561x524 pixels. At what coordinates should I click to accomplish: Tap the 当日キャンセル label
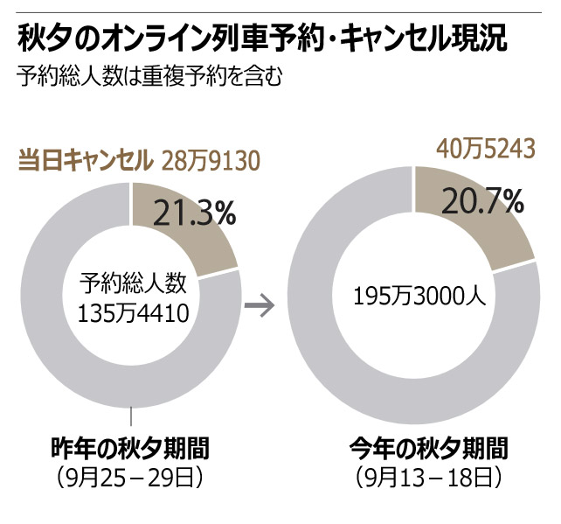84,161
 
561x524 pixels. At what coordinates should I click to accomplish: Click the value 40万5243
485,149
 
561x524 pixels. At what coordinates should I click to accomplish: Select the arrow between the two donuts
260,306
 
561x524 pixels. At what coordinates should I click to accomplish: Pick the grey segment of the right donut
332,367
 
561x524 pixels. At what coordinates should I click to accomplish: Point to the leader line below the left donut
131,418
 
